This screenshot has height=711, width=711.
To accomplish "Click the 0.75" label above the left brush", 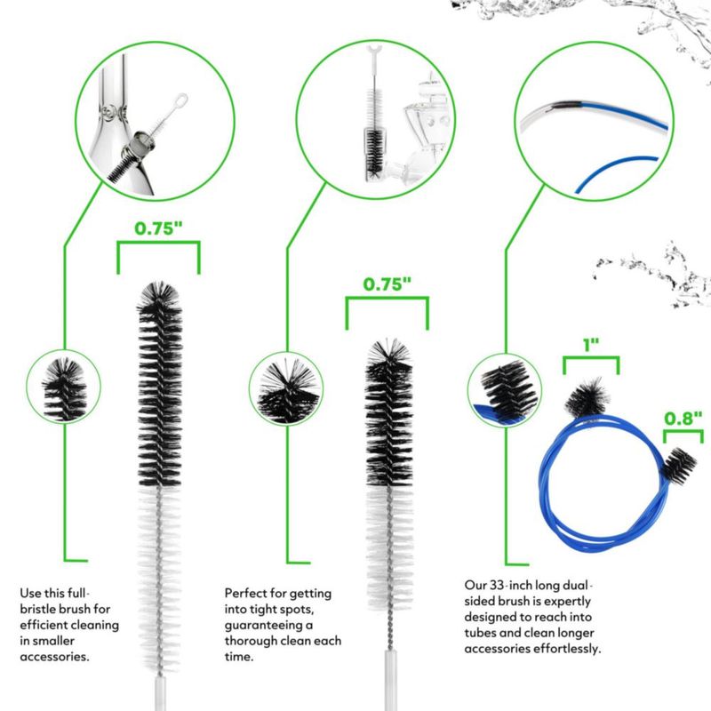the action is click(x=158, y=228).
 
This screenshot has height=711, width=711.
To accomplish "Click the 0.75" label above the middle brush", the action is click(x=387, y=284).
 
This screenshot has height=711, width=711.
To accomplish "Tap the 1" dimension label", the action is click(x=591, y=345).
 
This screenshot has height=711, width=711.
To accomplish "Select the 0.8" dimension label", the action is click(x=683, y=418).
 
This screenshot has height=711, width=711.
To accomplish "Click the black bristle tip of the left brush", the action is click(x=160, y=295).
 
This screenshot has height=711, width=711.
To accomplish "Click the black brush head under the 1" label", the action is click(x=587, y=397).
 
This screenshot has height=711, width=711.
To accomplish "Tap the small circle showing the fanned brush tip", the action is click(x=286, y=388).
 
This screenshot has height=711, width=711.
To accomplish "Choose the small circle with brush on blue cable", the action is click(x=504, y=390).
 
